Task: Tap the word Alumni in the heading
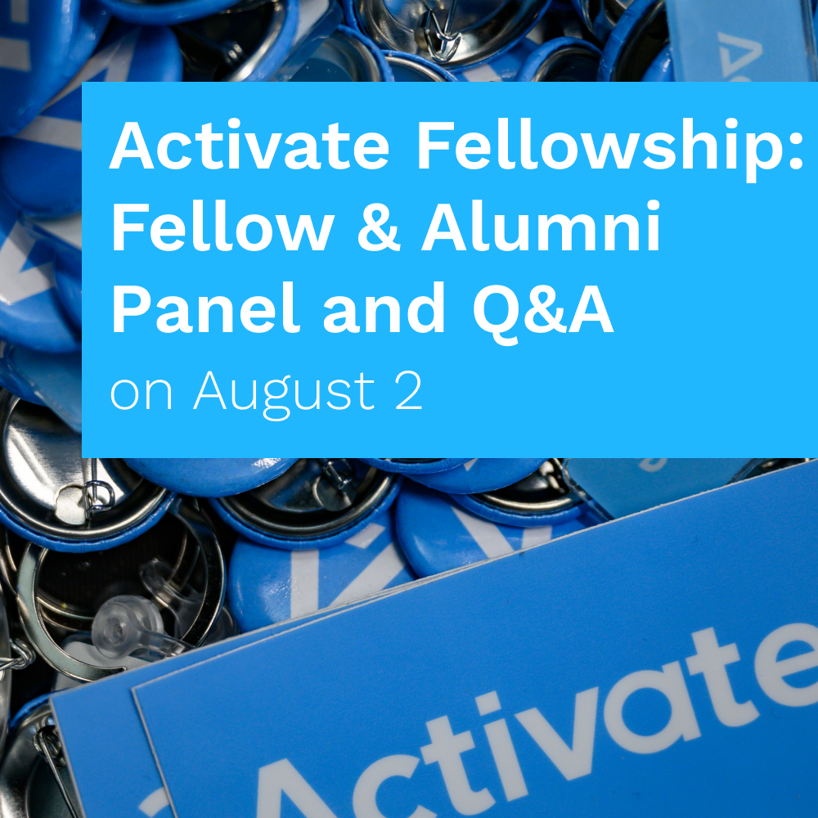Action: click(541, 226)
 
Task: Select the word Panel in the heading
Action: click(205, 307)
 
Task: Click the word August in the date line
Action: click(284, 393)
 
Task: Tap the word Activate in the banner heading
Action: click(249, 145)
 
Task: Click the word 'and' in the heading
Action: click(384, 307)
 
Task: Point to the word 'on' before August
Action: click(141, 394)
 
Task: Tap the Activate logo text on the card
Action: click(537, 730)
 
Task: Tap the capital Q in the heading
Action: click(497, 312)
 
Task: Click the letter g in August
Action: click(276, 401)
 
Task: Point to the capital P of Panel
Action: click(132, 307)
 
